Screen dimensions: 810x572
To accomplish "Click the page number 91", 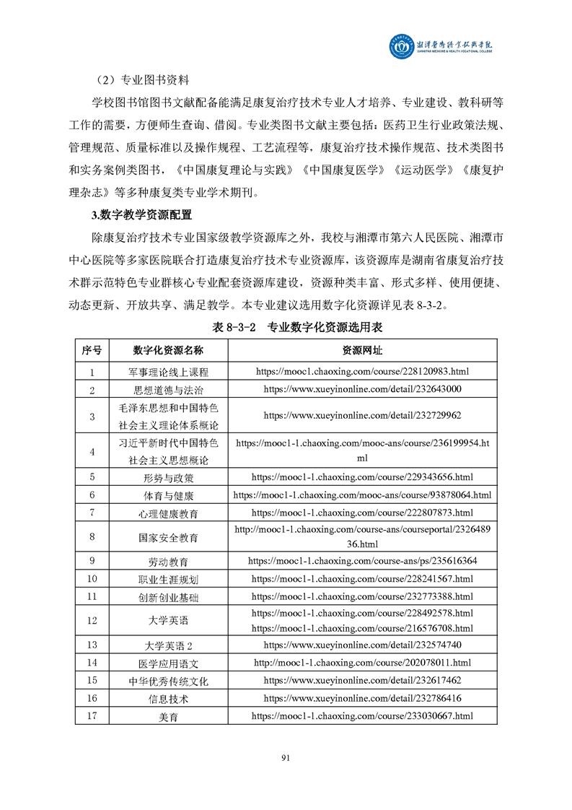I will click(285, 757).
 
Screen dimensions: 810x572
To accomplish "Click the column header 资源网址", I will click(362, 351).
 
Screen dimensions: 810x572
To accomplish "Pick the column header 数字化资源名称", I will click(168, 351).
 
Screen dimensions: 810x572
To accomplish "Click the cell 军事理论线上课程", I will click(168, 372).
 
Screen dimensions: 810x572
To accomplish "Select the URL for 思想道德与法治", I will click(362, 389).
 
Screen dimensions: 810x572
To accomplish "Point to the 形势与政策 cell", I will click(168, 477).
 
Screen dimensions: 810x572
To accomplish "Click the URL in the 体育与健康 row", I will click(362, 495).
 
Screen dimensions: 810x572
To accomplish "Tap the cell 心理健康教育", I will click(168, 513).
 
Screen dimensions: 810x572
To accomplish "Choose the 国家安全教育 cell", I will click(168, 537).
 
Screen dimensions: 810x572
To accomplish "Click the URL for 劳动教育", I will click(362, 561).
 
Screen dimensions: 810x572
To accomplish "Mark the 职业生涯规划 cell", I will click(168, 579).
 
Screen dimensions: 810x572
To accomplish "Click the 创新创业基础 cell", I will click(168, 597).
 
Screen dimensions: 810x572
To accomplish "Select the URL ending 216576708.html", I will click(362, 628).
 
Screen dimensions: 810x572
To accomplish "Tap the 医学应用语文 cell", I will click(168, 663).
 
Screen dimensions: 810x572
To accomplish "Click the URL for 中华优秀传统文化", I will click(362, 681).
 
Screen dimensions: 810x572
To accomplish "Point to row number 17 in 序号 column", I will click(92, 716).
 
